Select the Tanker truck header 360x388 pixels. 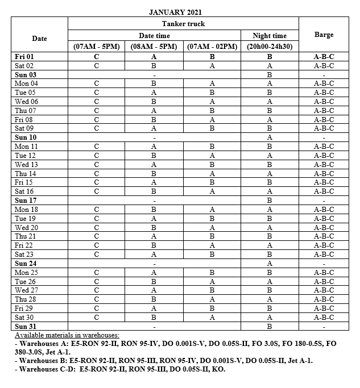tap(183, 24)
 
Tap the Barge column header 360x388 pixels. tap(324, 35)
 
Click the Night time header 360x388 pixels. tap(270, 36)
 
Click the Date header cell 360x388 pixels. tap(39, 38)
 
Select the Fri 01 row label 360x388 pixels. tap(26, 57)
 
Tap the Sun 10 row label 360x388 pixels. tap(26, 137)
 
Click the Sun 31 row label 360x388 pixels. tap(26, 327)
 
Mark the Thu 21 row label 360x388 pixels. tap(26, 236)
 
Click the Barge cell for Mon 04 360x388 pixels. tap(324, 84)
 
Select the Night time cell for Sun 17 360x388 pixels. tap(270, 201)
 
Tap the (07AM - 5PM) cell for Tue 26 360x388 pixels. tap(97, 282)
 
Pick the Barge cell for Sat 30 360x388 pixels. tap(324, 318)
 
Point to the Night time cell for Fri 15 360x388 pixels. tap(270, 182)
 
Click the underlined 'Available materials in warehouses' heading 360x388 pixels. tap(67, 336)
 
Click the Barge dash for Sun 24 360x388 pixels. tap(324, 264)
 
